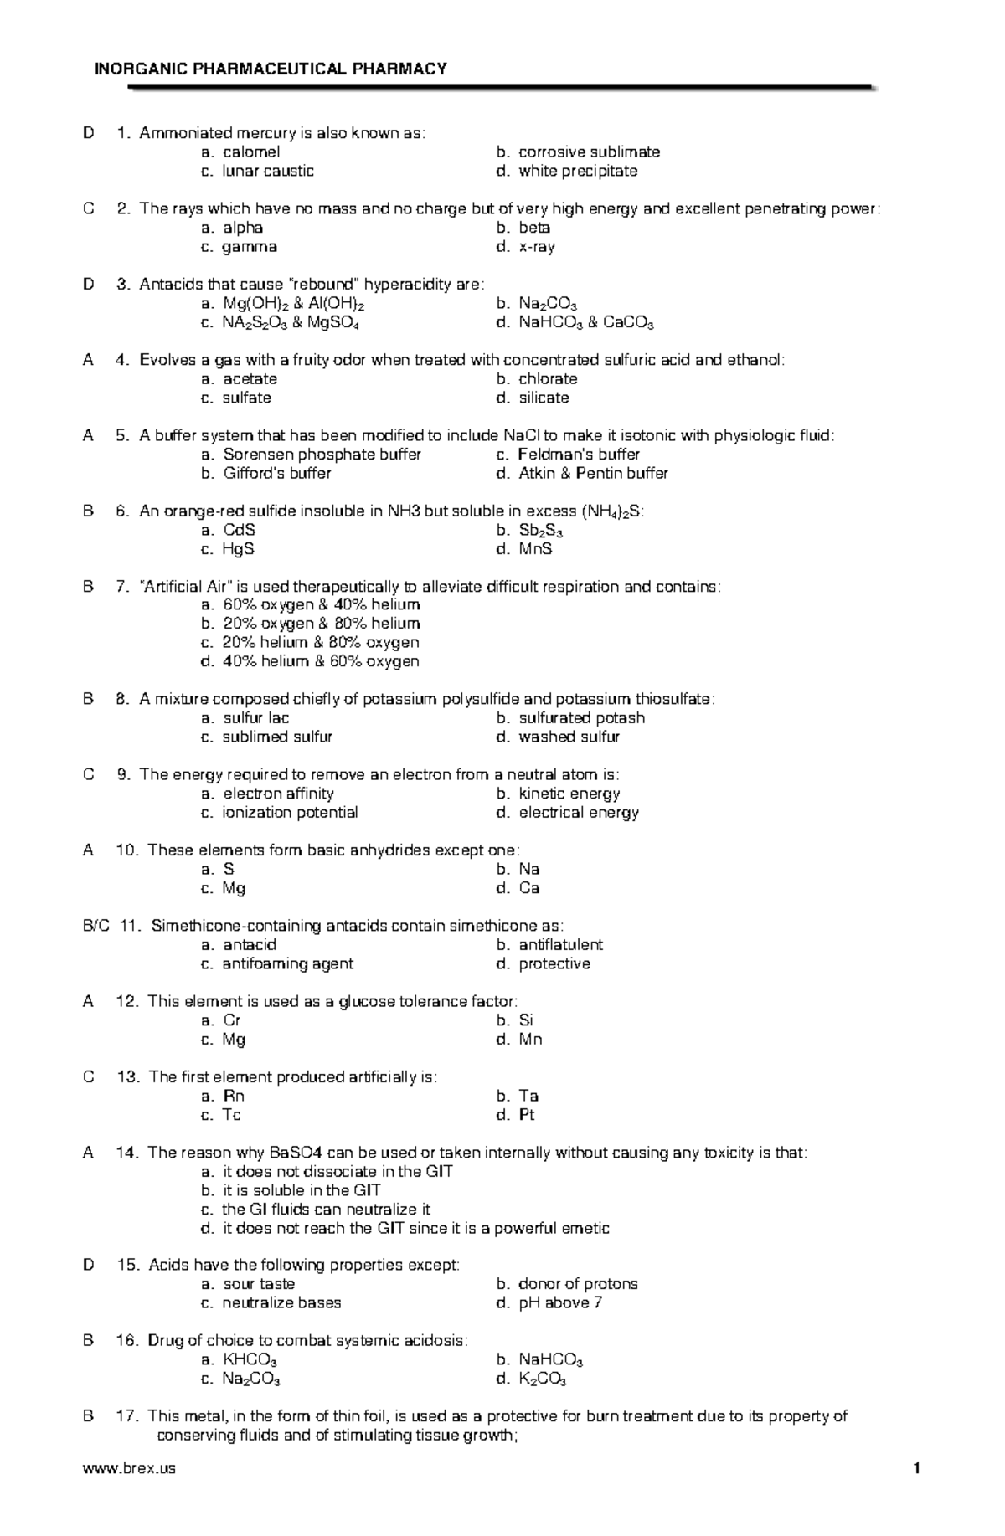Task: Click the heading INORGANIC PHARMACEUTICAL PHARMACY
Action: click(x=271, y=69)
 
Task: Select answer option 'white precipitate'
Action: click(x=578, y=171)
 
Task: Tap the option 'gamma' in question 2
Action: click(x=250, y=247)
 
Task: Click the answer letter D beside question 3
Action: click(x=89, y=285)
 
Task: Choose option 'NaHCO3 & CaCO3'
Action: click(x=586, y=323)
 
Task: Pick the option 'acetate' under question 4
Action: click(x=250, y=379)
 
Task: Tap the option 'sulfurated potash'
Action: click(x=581, y=718)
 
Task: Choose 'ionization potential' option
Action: click(x=290, y=813)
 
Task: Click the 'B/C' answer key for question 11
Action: click(x=95, y=926)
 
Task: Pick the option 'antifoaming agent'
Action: click(x=287, y=964)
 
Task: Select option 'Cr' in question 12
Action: click(x=232, y=1020)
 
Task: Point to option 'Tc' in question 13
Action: click(x=231, y=1115)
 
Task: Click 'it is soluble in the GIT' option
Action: click(x=301, y=1190)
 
